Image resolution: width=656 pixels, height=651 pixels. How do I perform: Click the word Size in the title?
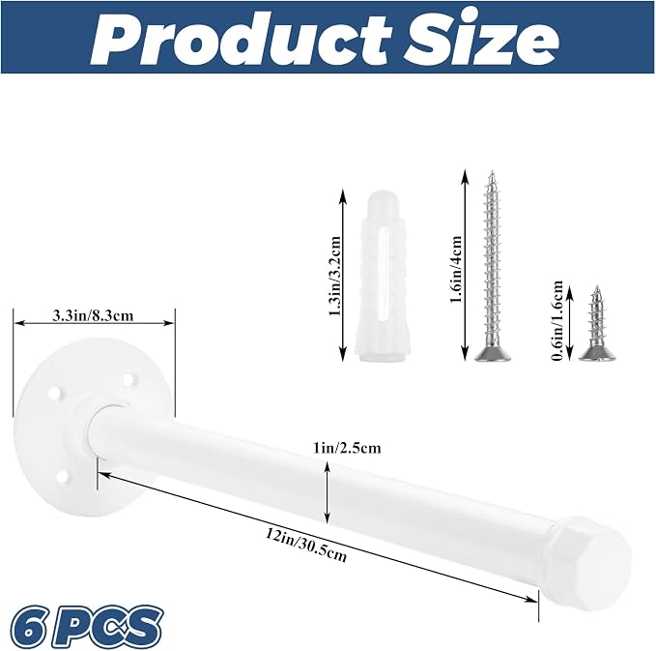point(481,40)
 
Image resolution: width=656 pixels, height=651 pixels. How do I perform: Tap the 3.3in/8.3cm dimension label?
point(93,314)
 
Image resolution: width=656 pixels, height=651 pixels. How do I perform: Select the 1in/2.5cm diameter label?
point(347,448)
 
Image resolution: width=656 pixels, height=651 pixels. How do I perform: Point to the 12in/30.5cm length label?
point(306,545)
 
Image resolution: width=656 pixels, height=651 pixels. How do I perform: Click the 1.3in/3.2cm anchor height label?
point(335,277)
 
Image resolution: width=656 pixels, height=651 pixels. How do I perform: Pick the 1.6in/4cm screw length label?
point(456,269)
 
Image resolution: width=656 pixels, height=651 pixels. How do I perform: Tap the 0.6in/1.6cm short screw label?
point(556,320)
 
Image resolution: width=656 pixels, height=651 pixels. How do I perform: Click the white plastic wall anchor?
point(381,276)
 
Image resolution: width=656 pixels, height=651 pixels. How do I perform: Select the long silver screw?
point(493,266)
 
